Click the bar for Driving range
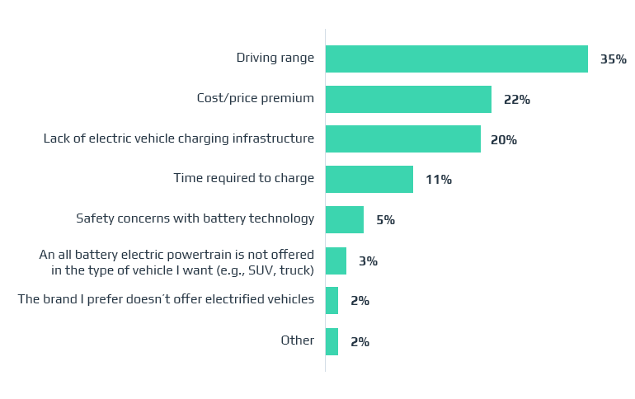(456, 59)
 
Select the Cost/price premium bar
(408, 100)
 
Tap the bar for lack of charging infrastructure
(402, 139)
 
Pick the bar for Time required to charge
(369, 180)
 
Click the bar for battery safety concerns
(344, 220)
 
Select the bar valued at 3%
(336, 261)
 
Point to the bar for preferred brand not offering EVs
(332, 301)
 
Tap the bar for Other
(332, 341)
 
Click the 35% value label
(613, 59)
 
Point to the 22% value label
(516, 100)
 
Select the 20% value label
(503, 140)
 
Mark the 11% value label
(438, 180)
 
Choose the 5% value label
(385, 220)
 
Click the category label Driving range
(275, 58)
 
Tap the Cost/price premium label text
(255, 98)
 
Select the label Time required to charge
(243, 178)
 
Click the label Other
(297, 340)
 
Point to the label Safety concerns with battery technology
(195, 218)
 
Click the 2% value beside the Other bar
(360, 342)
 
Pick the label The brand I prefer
(166, 299)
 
